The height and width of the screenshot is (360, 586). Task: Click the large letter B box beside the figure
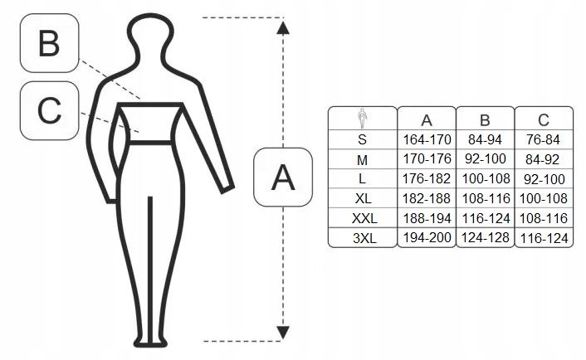[50, 43]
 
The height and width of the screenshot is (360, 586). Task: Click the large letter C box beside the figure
[50, 109]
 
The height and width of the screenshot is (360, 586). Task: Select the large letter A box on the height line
[283, 177]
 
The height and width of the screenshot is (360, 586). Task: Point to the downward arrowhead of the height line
[283, 330]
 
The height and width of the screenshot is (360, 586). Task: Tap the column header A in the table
[426, 119]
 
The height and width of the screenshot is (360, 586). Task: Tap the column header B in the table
[485, 119]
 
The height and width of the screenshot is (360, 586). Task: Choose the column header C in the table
[544, 119]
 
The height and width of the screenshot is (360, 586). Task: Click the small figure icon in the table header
[362, 118]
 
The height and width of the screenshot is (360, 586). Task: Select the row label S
[362, 139]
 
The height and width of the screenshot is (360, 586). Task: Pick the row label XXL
[362, 219]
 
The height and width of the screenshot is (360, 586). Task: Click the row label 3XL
[362, 239]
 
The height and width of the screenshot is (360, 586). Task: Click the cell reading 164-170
[426, 139]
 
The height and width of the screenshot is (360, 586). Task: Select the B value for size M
[485, 158]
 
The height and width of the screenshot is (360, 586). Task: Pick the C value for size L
[544, 179]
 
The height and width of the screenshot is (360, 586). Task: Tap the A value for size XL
[426, 199]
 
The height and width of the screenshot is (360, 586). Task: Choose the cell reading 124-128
[485, 239]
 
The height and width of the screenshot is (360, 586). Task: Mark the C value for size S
[544, 139]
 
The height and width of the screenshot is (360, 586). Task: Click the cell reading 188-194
[426, 219]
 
